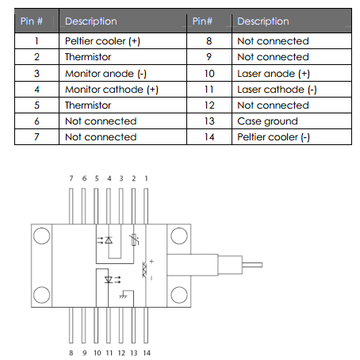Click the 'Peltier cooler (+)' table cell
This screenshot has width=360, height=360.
(x=102, y=41)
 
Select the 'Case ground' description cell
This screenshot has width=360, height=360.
(x=267, y=121)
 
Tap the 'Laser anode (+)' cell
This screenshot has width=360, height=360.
(x=274, y=74)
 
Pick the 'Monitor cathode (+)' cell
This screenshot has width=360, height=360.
(x=112, y=90)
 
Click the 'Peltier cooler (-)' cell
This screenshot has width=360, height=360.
(x=274, y=137)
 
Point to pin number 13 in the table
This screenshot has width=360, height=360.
(x=209, y=121)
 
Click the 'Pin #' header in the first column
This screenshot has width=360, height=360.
(x=32, y=21)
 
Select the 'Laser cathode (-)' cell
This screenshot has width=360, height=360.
(x=277, y=90)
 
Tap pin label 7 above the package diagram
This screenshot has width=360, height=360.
(x=71, y=178)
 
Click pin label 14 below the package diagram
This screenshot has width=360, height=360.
(x=147, y=353)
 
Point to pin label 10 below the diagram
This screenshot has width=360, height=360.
(x=98, y=353)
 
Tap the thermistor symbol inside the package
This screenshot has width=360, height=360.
(x=135, y=239)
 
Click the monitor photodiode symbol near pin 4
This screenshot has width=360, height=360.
(x=105, y=240)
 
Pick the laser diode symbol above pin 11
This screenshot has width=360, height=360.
(x=113, y=280)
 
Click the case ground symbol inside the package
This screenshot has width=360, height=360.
(x=123, y=297)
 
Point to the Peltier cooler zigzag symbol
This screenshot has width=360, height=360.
(x=144, y=270)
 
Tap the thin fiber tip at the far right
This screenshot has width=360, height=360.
(x=252, y=265)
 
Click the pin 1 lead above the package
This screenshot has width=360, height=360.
(x=146, y=206)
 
